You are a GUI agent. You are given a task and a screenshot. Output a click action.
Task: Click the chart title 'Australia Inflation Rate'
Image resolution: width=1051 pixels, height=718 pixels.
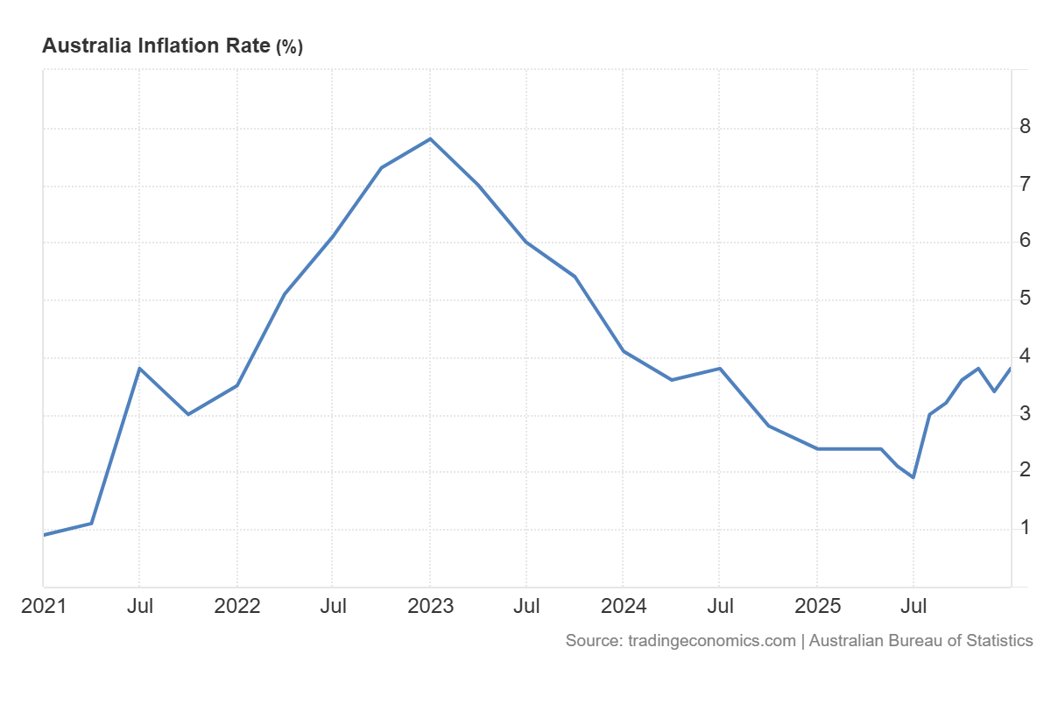point(157,46)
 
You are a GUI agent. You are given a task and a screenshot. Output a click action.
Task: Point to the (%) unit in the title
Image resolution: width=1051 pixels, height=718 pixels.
point(290,47)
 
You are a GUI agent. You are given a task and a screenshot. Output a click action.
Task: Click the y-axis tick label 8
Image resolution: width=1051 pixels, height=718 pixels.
point(1025,127)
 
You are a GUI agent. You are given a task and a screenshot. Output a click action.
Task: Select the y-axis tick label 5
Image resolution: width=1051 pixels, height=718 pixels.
point(1025,299)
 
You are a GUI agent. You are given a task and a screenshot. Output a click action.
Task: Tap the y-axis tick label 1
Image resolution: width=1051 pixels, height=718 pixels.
point(1025,528)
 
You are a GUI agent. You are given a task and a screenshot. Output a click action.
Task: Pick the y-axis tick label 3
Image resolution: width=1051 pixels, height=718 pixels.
point(1025,413)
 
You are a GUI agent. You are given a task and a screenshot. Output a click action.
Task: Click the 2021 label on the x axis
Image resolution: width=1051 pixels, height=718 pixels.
point(43,606)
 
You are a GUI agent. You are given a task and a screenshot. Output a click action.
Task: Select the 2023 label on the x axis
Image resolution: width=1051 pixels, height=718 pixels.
point(430,606)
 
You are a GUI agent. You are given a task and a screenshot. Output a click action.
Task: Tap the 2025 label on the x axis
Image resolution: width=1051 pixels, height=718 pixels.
point(816,606)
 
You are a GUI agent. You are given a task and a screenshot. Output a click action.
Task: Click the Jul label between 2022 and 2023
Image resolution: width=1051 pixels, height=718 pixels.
point(333,606)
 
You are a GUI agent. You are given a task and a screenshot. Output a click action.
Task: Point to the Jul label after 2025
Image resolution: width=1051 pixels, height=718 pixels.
point(913,606)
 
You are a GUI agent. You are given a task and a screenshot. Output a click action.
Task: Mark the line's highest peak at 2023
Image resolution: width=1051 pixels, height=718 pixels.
point(430,138)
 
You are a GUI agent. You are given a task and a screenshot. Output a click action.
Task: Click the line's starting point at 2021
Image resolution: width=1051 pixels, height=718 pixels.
point(44,534)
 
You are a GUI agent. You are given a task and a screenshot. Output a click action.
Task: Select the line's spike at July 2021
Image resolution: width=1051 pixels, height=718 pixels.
point(139,368)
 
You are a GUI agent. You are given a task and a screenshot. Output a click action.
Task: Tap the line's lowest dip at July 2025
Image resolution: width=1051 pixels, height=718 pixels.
point(913,477)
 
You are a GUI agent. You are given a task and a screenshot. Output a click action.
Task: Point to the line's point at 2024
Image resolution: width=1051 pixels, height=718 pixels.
point(623,351)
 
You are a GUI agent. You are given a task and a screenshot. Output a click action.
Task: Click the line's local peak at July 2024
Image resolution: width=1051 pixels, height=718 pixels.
point(719,368)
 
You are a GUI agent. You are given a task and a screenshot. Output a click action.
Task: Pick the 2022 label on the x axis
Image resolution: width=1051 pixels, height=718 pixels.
point(236,606)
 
